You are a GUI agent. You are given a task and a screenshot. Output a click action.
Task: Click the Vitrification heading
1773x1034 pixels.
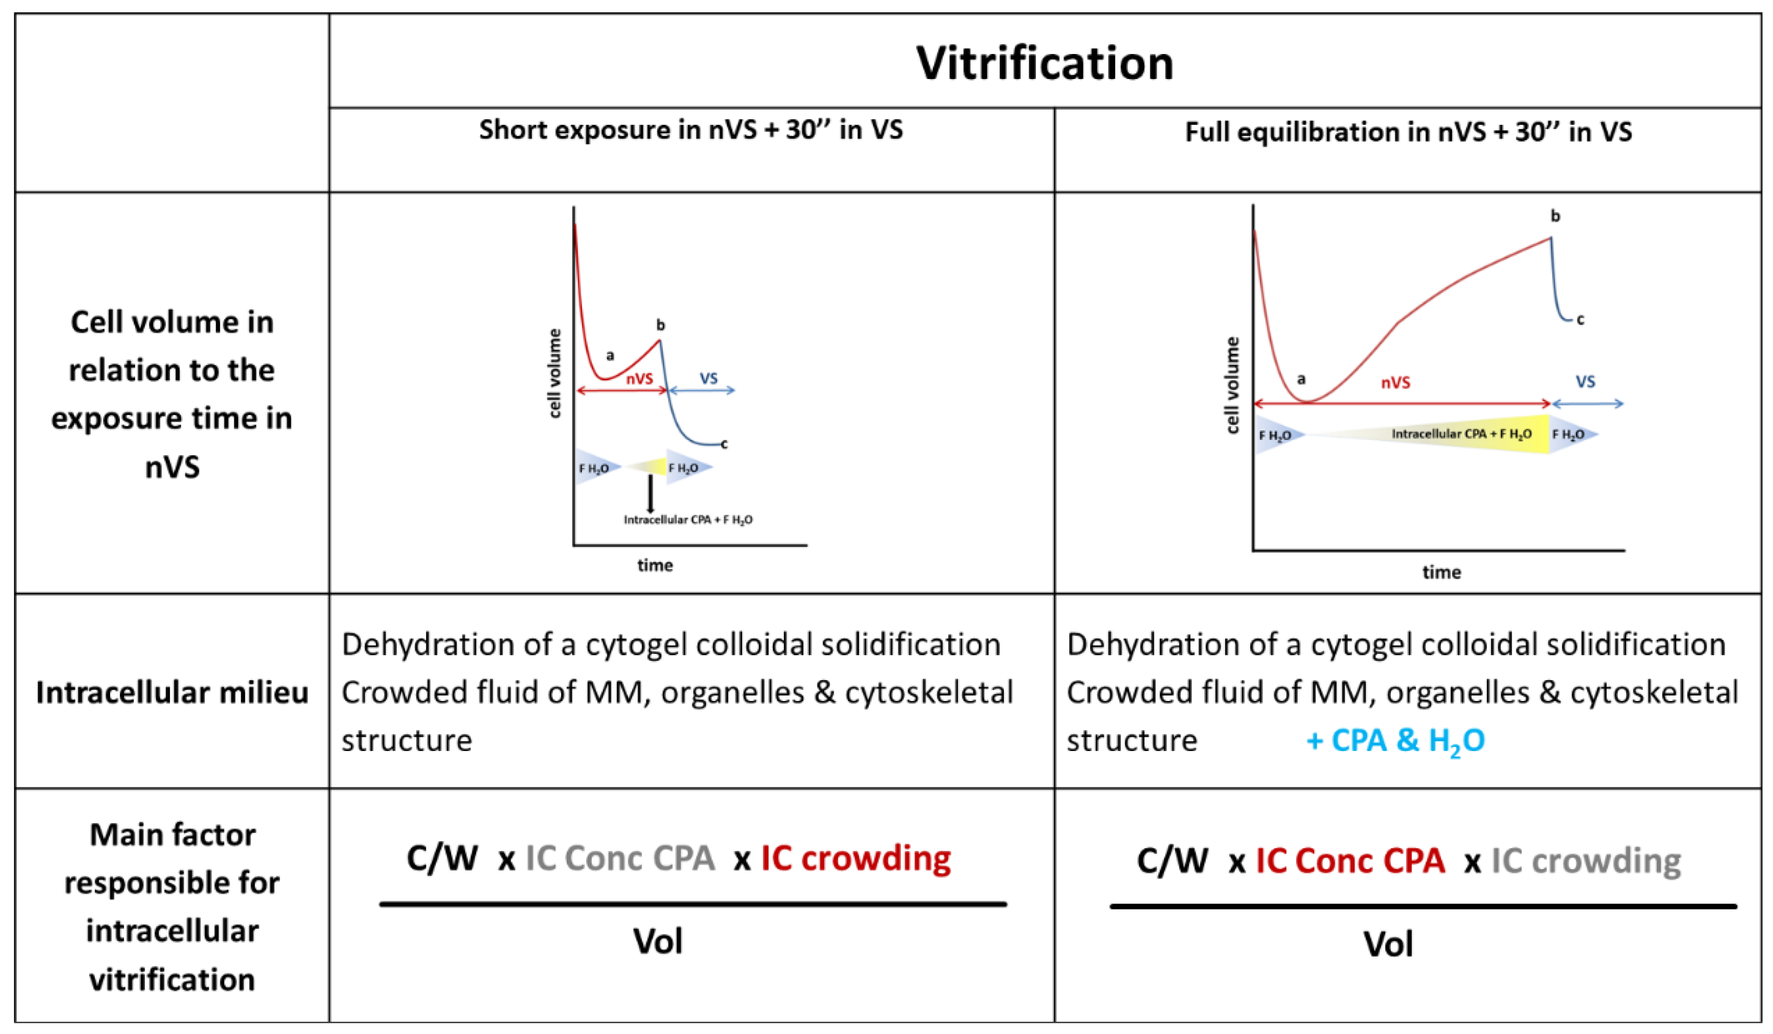(x=1044, y=63)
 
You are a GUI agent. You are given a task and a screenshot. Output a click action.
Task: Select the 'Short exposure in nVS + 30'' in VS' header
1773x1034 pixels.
(x=691, y=130)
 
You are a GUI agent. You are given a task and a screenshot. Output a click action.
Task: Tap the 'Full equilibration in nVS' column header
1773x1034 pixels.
(x=1408, y=132)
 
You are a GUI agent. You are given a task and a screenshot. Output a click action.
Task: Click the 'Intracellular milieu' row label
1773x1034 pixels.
(x=172, y=693)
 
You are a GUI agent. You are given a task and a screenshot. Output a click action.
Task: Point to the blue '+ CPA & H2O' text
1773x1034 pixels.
(x=1395, y=741)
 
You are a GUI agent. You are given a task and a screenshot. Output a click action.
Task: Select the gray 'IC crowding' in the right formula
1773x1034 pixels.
(x=1586, y=861)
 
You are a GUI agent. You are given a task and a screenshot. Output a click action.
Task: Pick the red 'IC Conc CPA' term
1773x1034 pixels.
(x=1350, y=861)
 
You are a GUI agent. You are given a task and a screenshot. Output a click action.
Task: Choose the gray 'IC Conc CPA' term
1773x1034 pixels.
(x=620, y=858)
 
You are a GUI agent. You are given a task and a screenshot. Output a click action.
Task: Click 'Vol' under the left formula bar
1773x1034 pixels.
(x=658, y=941)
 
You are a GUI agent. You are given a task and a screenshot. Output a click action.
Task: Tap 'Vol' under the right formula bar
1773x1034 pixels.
(x=1388, y=944)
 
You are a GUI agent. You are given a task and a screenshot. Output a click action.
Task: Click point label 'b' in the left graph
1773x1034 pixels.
(x=660, y=325)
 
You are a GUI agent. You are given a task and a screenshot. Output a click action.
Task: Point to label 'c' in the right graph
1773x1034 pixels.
(x=1580, y=320)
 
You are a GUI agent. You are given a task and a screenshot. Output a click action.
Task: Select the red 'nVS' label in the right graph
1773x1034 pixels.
(x=1395, y=382)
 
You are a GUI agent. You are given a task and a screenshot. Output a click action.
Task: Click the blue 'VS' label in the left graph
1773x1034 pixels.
(x=708, y=378)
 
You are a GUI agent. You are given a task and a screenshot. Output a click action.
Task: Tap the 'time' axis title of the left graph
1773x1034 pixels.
(x=655, y=565)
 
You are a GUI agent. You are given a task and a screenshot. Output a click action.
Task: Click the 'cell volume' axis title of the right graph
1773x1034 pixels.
(x=1232, y=385)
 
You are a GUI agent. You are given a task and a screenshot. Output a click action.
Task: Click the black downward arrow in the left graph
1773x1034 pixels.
(x=650, y=494)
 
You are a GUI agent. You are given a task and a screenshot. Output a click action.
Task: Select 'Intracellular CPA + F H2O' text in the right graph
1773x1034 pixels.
(x=1461, y=434)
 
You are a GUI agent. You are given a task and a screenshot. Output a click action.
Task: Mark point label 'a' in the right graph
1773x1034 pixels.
(x=1301, y=380)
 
